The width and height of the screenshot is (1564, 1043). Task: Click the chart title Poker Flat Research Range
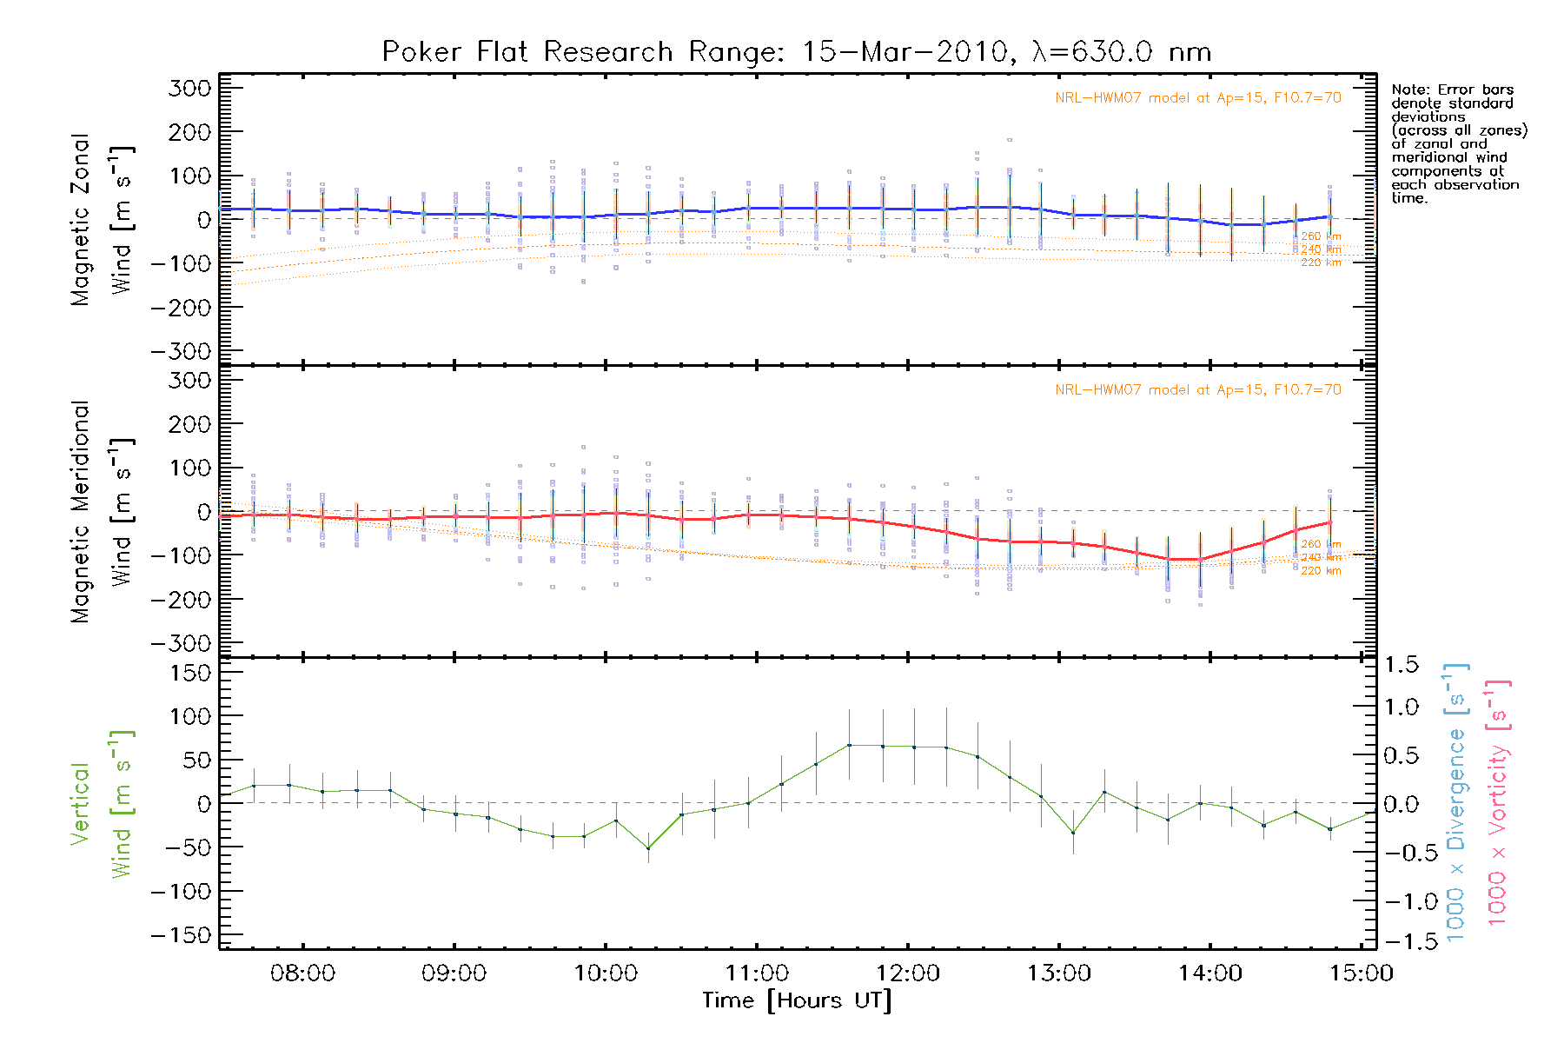click(796, 52)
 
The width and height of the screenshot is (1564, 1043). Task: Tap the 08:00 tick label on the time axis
click(302, 973)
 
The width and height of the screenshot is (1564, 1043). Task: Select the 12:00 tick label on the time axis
click(908, 973)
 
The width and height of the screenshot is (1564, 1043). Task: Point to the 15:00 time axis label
click(1362, 973)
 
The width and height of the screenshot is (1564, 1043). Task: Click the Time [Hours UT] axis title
click(797, 1001)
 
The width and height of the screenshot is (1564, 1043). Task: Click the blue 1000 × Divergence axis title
click(1455, 802)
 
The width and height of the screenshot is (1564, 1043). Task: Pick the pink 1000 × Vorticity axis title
click(1498, 802)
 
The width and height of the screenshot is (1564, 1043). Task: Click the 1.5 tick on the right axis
click(1401, 665)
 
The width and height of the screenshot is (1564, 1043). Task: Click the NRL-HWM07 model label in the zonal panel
click(1197, 98)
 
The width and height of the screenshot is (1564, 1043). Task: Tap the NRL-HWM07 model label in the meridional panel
click(1197, 390)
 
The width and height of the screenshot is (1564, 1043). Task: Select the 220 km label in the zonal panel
click(1321, 262)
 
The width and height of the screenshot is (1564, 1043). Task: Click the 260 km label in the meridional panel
click(1321, 544)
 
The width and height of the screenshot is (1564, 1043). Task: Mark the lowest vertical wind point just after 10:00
click(647, 848)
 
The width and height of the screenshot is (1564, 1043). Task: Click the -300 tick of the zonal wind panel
click(181, 352)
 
